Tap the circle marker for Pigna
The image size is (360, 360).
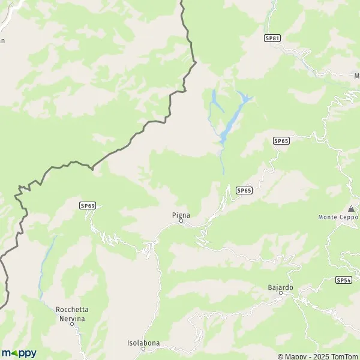click(x=181, y=221)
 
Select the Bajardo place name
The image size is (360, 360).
click(x=280, y=287)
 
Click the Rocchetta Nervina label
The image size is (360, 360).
click(x=72, y=313)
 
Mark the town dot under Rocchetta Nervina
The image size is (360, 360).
click(x=71, y=323)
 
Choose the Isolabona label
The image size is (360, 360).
click(x=143, y=343)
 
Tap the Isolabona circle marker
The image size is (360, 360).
click(x=143, y=349)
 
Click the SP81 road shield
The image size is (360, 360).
click(x=272, y=38)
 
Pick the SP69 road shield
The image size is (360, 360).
click(x=88, y=205)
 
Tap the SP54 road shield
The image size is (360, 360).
click(x=343, y=280)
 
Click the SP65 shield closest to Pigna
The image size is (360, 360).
click(x=244, y=190)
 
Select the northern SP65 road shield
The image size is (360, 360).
click(x=281, y=140)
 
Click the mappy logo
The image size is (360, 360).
click(x=19, y=353)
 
